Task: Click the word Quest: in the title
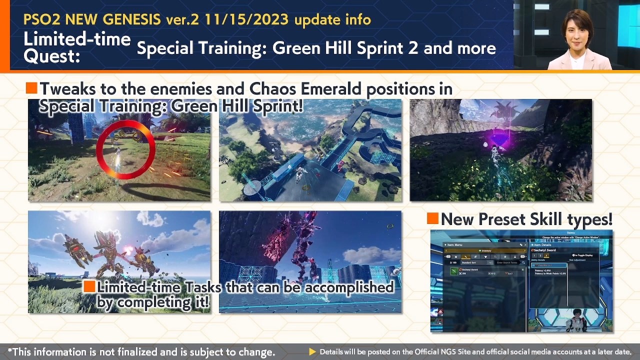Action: click(51, 56)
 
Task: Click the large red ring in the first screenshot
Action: click(125, 149)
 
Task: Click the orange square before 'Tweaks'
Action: click(31, 88)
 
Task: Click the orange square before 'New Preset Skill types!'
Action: click(432, 218)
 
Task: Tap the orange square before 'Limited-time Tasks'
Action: click(89, 286)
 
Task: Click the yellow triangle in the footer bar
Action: click(312, 352)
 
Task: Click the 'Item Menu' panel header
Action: click(455, 244)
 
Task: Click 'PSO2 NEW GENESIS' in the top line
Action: click(92, 20)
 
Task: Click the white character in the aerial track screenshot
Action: click(301, 173)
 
